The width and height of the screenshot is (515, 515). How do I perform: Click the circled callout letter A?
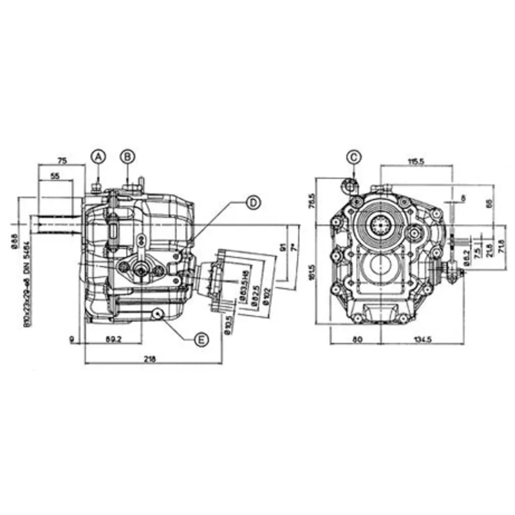click(98, 156)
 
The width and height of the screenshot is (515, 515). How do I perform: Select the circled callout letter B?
click(128, 156)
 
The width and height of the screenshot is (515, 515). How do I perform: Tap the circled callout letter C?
click(353, 156)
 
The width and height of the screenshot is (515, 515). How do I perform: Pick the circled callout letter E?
click(201, 340)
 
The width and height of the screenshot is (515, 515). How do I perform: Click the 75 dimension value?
click(62, 160)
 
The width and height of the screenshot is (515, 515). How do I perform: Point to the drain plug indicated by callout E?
click(156, 314)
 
